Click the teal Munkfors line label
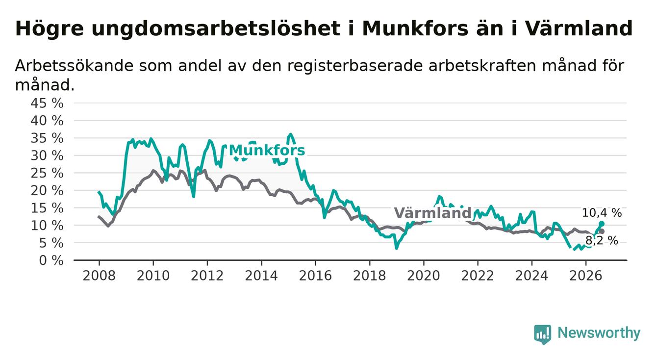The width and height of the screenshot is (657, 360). [x=267, y=151]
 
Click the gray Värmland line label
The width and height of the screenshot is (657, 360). [x=432, y=213]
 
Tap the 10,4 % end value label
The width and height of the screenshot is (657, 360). [x=602, y=213]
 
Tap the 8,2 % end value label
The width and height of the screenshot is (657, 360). [x=602, y=241]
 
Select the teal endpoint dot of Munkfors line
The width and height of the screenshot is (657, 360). [x=602, y=224]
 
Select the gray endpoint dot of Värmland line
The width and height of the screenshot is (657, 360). [x=602, y=231]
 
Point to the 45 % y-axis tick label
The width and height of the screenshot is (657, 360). [x=47, y=103]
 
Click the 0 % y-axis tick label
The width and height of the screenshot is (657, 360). [x=51, y=260]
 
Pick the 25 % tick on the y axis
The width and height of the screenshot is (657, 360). [x=47, y=173]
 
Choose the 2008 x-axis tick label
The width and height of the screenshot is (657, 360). [x=99, y=276]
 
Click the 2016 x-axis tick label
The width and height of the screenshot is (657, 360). [x=315, y=276]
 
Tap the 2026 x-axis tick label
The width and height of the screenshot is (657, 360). [x=586, y=276]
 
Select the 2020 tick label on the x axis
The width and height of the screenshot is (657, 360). [x=424, y=276]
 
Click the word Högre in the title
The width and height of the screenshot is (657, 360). [x=49, y=29]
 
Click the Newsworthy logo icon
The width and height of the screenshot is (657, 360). [x=543, y=334]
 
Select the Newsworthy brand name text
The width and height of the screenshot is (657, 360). [x=599, y=334]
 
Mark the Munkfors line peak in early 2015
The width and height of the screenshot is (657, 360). [x=290, y=134]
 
